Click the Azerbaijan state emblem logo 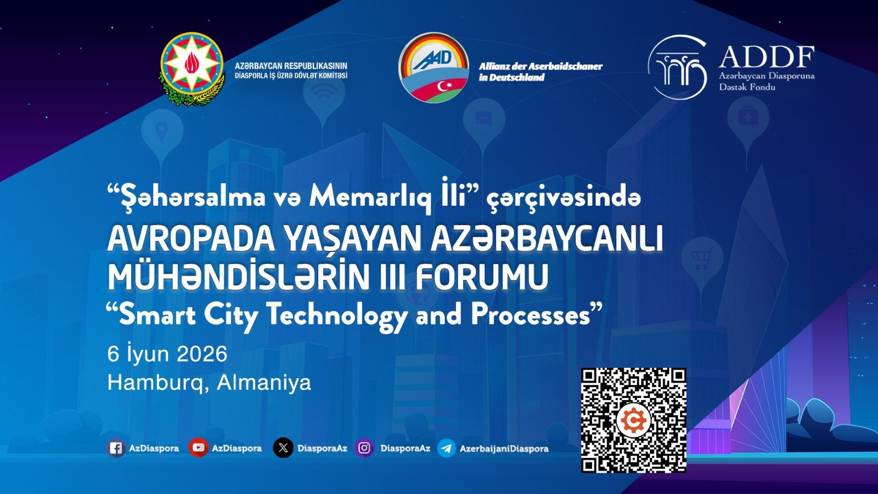pyautogui.click(x=192, y=68)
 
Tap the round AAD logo pyautogui.click(x=434, y=68)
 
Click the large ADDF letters pyautogui.click(x=766, y=57)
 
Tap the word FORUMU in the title pyautogui.click(x=481, y=277)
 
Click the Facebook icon pyautogui.click(x=115, y=448)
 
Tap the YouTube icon pyautogui.click(x=198, y=448)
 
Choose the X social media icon pyautogui.click(x=283, y=448)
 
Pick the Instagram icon pyautogui.click(x=364, y=448)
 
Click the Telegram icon pyautogui.click(x=447, y=448)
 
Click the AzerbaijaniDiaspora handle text pyautogui.click(x=504, y=448)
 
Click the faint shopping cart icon pyautogui.click(x=701, y=256)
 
